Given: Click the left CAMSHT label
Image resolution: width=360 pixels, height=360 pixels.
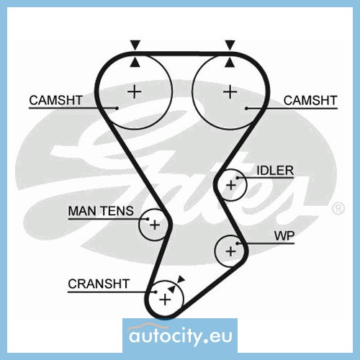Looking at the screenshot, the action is [55, 100].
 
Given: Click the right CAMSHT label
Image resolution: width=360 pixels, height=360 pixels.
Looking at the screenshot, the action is [310, 100].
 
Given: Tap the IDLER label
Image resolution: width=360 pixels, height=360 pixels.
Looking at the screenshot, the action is [275, 171].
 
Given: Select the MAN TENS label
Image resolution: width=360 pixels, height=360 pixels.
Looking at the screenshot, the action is [101, 211].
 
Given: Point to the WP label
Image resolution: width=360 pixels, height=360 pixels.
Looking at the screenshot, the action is [284, 236].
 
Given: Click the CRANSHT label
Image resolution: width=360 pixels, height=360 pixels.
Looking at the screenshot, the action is [99, 284].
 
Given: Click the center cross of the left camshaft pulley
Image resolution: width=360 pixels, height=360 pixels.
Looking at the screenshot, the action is [135, 91].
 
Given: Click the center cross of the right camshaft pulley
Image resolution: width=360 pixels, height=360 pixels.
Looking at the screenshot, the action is [230, 91].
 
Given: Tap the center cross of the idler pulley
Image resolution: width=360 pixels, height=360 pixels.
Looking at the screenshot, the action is [231, 185].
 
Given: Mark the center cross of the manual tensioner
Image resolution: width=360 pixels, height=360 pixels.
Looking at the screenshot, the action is [155, 225].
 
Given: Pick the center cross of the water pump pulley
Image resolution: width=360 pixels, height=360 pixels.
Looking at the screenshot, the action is [231, 251].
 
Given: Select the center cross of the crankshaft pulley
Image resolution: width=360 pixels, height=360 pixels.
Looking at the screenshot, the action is [165, 300].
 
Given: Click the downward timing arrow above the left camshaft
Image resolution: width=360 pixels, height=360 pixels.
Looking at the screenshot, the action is [135, 45].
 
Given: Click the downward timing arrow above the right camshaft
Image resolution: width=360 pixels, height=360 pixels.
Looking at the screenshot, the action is [230, 45].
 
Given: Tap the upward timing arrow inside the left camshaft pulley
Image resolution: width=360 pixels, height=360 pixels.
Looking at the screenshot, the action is [135, 62].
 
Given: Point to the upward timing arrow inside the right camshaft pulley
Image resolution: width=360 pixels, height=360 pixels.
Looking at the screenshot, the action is [230, 62].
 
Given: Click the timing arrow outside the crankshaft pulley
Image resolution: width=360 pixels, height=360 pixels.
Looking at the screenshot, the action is [181, 279].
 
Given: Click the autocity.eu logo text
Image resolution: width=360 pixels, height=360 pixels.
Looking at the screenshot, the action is [180, 336].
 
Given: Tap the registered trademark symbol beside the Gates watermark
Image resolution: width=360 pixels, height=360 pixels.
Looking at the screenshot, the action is [338, 208].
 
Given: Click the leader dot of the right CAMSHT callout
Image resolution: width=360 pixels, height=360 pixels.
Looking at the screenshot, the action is [246, 109].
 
